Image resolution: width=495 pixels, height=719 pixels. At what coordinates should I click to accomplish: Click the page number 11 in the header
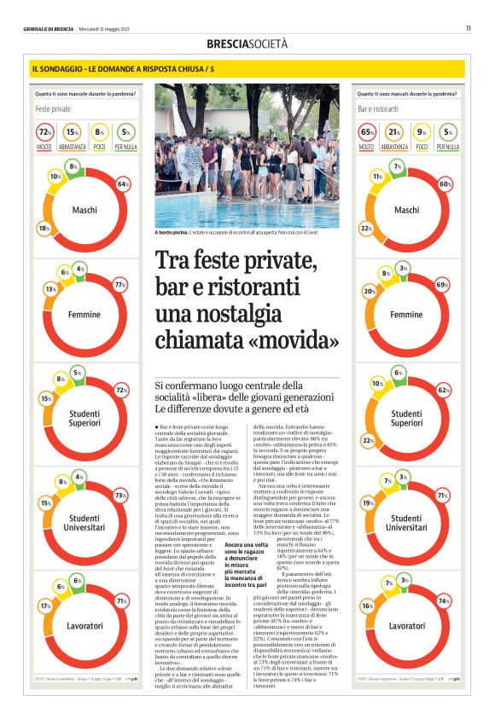pyautogui.click(x=469, y=28)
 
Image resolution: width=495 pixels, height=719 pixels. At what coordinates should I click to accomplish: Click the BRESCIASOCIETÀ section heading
pyautogui.click(x=247, y=43)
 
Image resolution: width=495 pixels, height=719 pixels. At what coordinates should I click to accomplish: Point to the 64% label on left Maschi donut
pyautogui.click(x=123, y=184)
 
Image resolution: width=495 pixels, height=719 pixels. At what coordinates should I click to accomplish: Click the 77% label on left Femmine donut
pyautogui.click(x=120, y=284)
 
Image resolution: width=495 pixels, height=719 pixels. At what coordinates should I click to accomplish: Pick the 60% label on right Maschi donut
pyautogui.click(x=445, y=184)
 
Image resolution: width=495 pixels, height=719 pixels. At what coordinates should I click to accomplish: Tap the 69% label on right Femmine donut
pyautogui.click(x=442, y=284)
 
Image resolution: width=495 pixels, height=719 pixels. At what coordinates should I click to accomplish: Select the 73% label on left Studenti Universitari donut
pyautogui.click(x=120, y=496)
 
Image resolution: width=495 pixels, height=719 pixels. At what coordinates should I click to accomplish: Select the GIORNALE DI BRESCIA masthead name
pyautogui.click(x=49, y=29)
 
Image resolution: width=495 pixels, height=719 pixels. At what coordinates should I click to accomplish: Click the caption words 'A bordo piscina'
pyautogui.click(x=172, y=232)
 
